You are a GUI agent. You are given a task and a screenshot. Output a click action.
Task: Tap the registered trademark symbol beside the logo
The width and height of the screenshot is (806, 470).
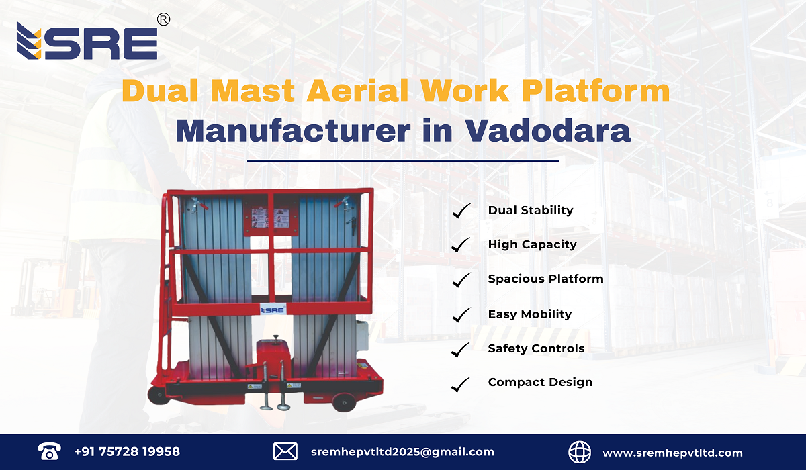[x=163, y=20]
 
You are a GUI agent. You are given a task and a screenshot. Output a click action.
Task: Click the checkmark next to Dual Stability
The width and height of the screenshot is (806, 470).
[x=461, y=211]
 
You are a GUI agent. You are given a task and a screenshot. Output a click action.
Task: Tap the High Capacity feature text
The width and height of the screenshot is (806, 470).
[x=532, y=245]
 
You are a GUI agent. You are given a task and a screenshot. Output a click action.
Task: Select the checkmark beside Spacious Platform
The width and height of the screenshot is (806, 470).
[x=461, y=280]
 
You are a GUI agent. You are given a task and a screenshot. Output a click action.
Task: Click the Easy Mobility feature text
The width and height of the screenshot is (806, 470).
[x=529, y=314]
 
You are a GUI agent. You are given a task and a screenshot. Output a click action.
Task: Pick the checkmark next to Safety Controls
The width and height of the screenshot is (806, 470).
[x=461, y=350]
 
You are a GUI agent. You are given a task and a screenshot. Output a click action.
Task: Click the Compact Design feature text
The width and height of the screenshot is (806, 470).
[x=540, y=383]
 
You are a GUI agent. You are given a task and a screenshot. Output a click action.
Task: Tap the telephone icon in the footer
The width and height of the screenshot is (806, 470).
[x=49, y=452]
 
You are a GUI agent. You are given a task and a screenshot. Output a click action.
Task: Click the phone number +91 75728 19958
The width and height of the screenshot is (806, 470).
[x=127, y=452]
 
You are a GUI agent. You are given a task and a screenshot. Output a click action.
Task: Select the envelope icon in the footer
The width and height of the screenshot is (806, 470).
[x=285, y=452]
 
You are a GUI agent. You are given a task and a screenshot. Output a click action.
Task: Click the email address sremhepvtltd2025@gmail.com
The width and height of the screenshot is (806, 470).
[x=402, y=452]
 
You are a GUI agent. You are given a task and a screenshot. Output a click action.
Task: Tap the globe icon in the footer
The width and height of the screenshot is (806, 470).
[x=580, y=452]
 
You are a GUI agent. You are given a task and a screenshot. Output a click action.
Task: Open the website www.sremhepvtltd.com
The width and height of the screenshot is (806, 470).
[x=672, y=453]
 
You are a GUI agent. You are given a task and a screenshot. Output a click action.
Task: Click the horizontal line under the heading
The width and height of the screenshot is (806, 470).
[x=403, y=161]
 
